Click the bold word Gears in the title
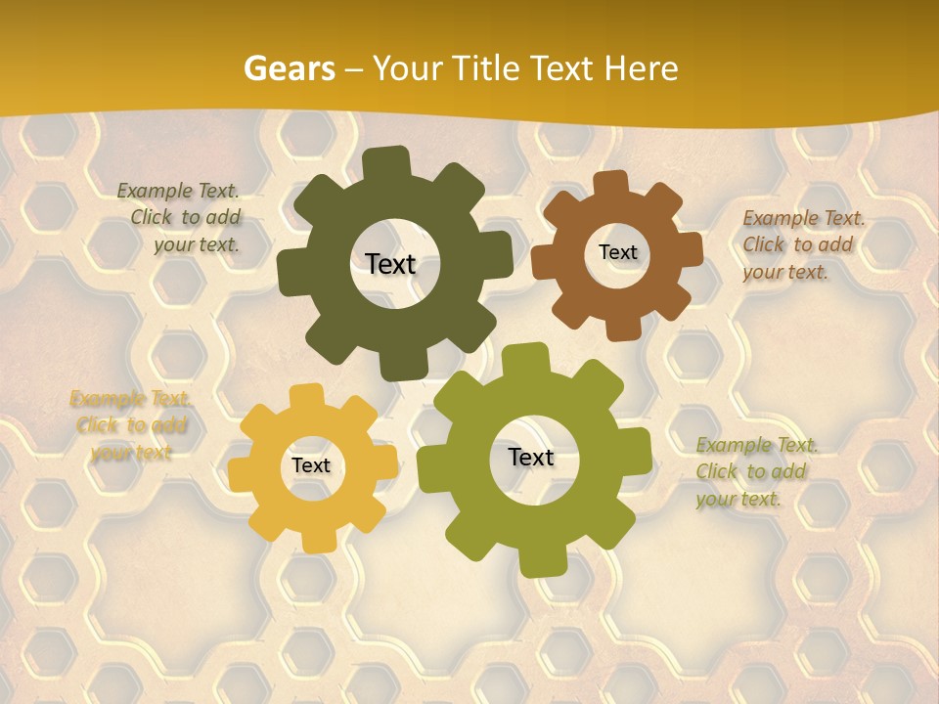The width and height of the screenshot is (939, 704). (290, 68)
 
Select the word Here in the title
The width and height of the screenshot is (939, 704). (642, 68)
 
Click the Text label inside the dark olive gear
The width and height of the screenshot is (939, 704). (390, 264)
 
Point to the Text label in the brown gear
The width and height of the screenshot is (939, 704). (617, 252)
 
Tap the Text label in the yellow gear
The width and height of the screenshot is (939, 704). (311, 466)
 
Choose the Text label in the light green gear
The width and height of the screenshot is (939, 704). (531, 458)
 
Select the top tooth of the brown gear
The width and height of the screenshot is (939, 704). (610, 183)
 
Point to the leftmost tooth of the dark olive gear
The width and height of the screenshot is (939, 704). (291, 271)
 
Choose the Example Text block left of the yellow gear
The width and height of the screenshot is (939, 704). (131, 425)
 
